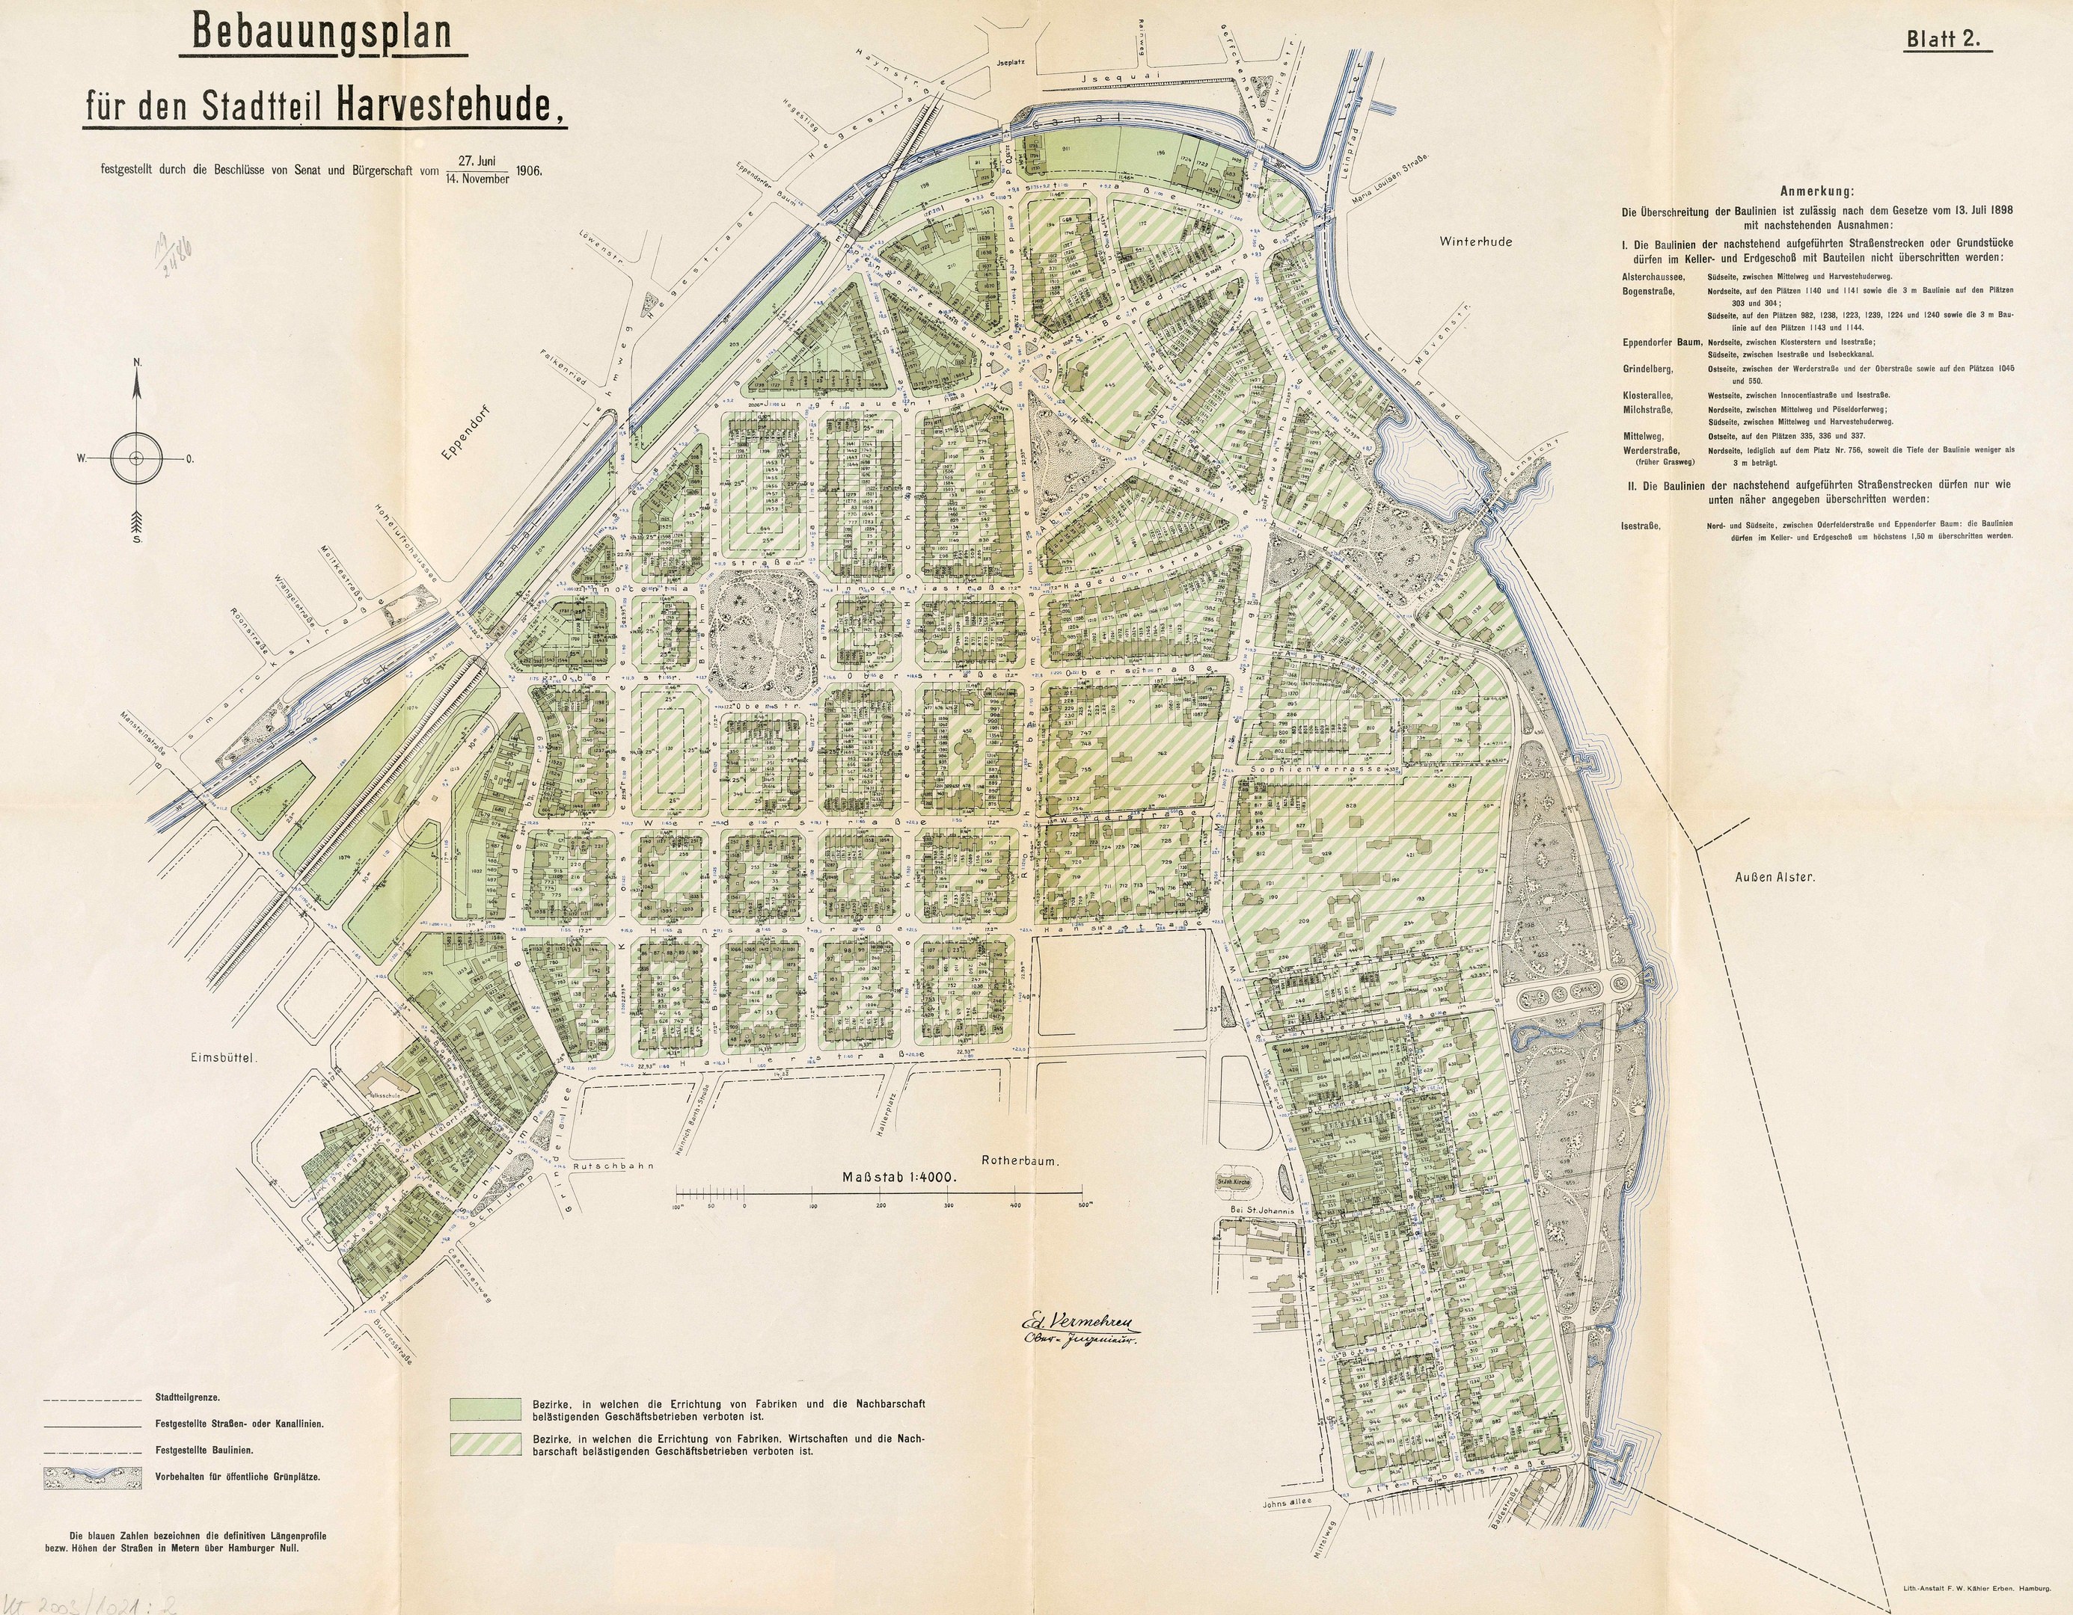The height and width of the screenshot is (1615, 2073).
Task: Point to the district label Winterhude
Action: (1475, 241)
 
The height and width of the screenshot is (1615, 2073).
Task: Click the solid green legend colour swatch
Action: (486, 1408)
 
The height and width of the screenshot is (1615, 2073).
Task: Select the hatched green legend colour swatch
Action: (486, 1445)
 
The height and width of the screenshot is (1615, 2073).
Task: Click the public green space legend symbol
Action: (91, 1477)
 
